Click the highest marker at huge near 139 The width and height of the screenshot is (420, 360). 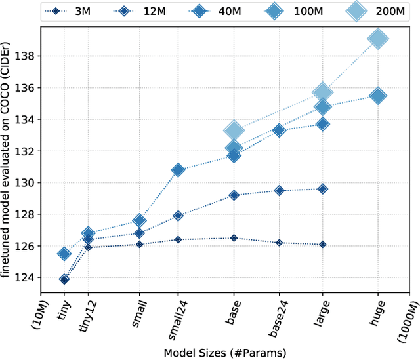coord(377,39)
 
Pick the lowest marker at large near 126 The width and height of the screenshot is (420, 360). coord(322,244)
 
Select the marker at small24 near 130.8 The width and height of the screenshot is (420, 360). coord(178,170)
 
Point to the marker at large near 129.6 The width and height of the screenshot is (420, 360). coord(322,189)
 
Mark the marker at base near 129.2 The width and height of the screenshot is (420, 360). coord(234,195)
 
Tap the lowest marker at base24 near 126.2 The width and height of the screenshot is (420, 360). coord(279,243)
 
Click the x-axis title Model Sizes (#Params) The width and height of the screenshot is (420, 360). coord(224,353)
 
